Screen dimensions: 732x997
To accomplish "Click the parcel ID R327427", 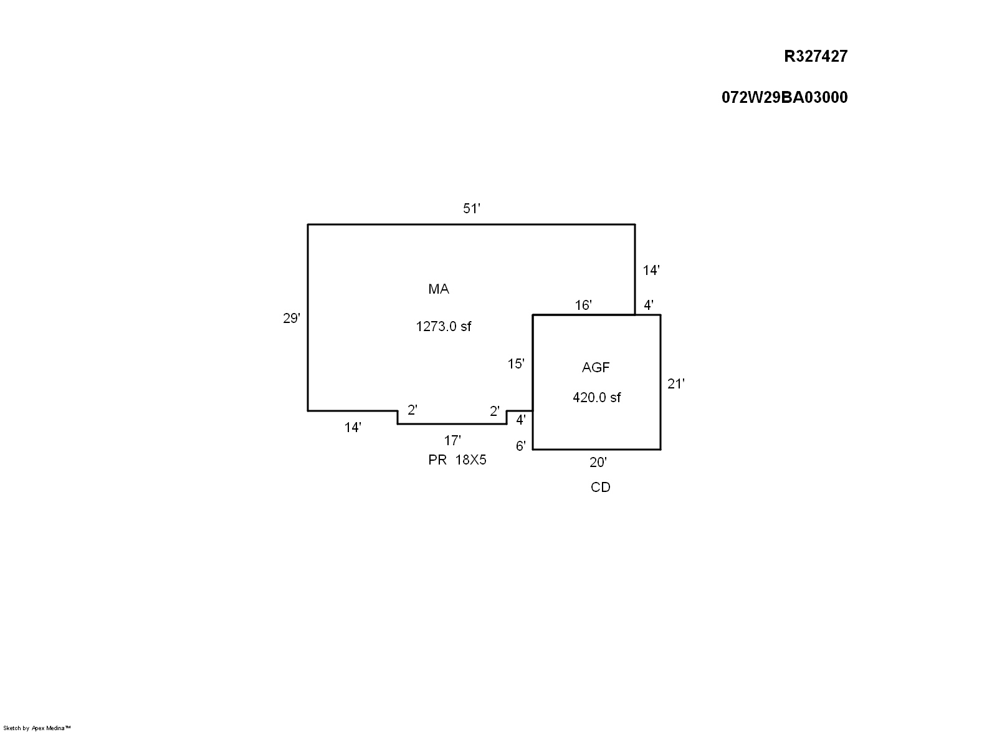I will click(x=816, y=56).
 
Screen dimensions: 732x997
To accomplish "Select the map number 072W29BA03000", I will click(x=785, y=97).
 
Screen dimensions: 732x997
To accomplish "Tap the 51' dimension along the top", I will click(x=471, y=208).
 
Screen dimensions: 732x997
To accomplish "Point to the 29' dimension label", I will click(x=292, y=319).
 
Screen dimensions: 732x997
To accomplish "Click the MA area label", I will click(x=439, y=289).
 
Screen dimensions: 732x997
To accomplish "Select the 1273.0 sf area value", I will click(x=444, y=326).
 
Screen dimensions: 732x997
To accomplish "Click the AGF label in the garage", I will click(x=596, y=367).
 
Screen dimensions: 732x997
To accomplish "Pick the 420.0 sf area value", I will click(x=596, y=397).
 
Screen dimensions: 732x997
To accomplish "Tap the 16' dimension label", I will click(x=583, y=305).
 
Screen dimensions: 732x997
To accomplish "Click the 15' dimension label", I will click(x=516, y=364).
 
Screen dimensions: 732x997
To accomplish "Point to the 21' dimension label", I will click(x=676, y=384).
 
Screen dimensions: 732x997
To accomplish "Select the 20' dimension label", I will click(x=598, y=462).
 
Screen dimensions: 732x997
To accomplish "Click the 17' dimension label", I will click(x=452, y=441).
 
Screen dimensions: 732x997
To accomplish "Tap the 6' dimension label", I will click(x=521, y=446).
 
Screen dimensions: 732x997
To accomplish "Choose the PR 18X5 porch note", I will click(x=457, y=460).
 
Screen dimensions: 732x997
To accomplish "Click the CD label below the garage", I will click(x=601, y=487).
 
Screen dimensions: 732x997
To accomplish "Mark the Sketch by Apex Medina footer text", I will click(x=37, y=728).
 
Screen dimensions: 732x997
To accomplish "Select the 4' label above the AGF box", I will click(x=649, y=305).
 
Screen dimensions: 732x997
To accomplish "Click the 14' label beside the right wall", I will click(x=651, y=270).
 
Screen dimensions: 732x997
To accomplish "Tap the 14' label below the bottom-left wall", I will click(x=353, y=427).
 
